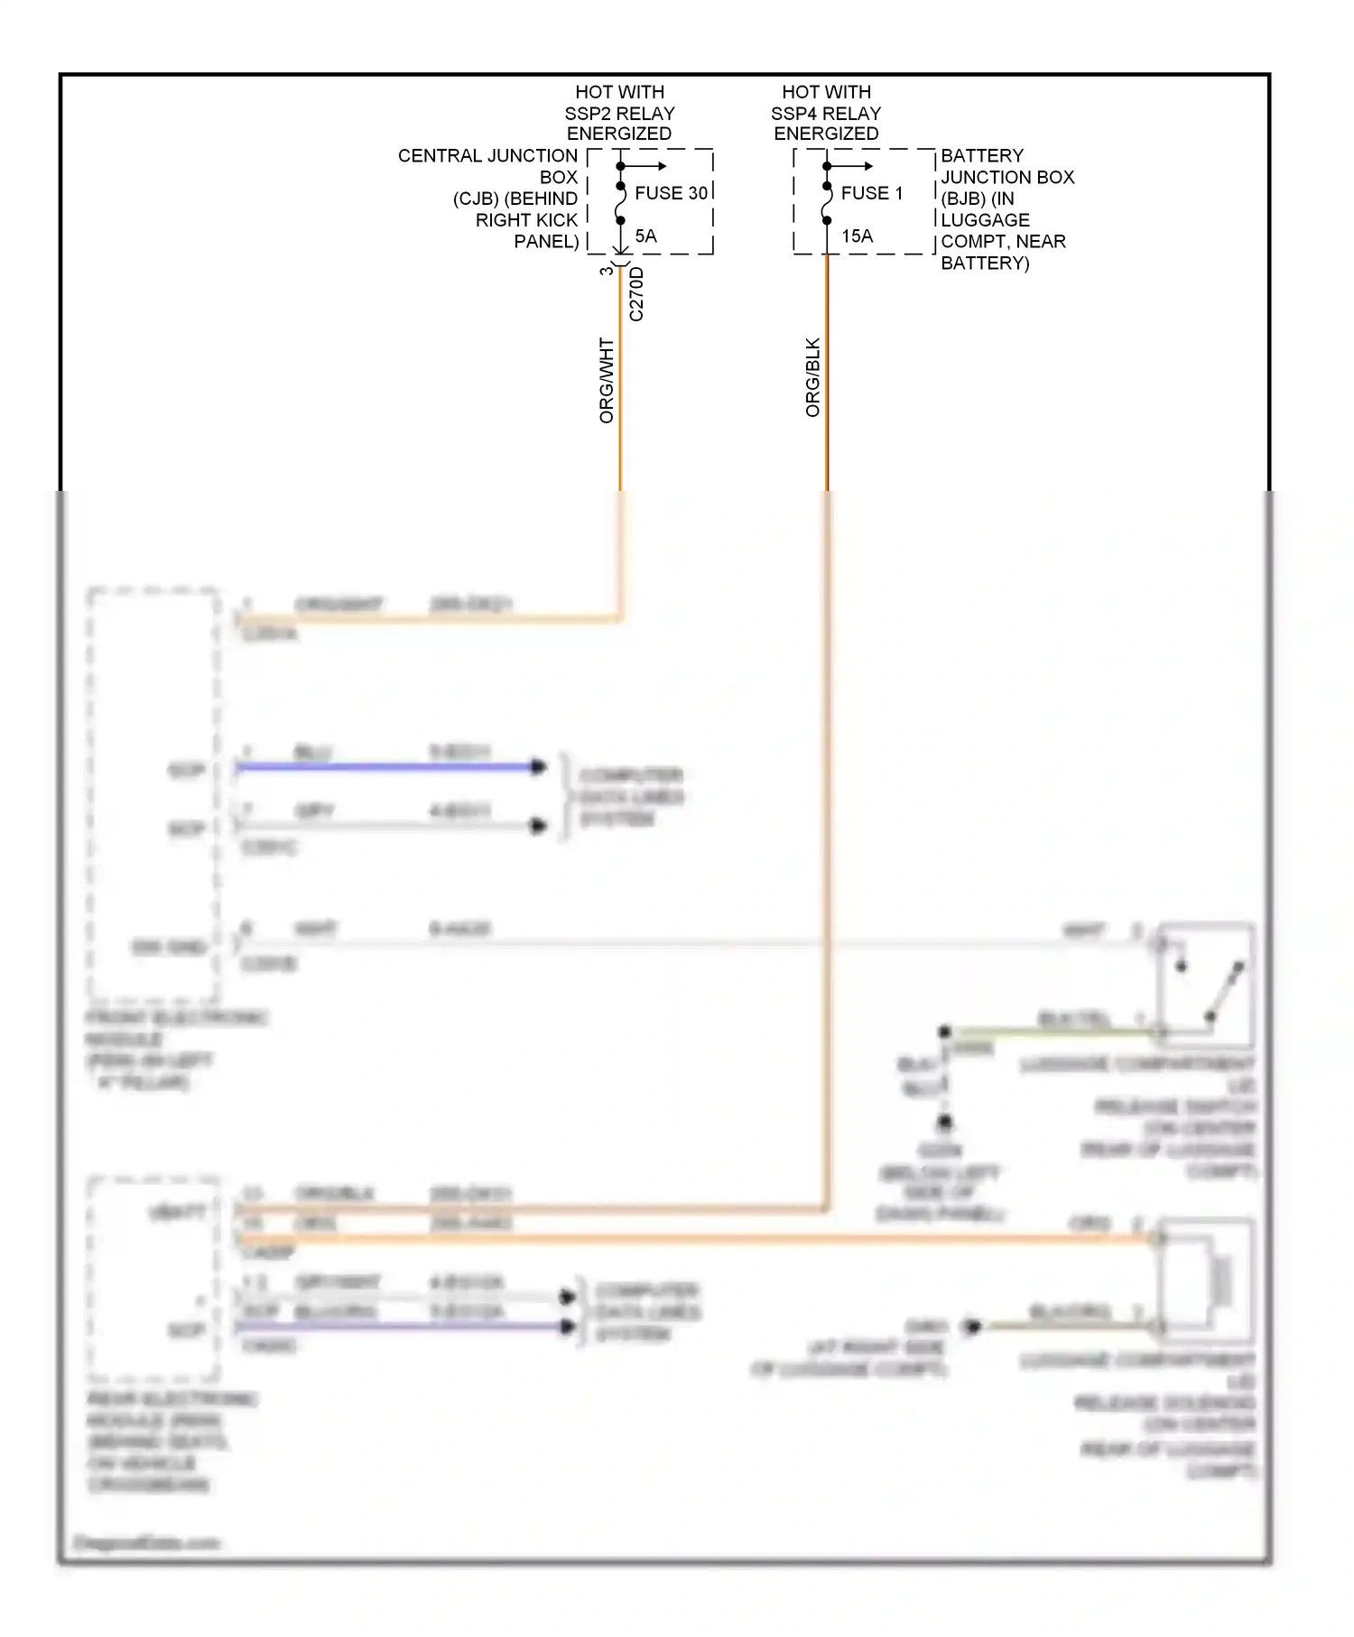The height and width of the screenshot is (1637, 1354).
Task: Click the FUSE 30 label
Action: click(671, 193)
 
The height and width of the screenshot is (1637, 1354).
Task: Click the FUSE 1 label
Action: click(871, 193)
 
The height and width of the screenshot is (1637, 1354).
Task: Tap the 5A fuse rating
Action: click(645, 236)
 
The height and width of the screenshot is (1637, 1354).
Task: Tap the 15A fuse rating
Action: click(857, 236)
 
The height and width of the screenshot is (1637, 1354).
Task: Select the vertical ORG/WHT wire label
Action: click(607, 381)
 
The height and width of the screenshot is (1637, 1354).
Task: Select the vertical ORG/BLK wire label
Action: click(812, 377)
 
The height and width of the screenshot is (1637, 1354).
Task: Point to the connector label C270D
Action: click(636, 294)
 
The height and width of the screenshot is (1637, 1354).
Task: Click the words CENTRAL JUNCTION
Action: click(487, 156)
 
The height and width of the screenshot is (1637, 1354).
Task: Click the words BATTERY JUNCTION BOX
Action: click(1007, 167)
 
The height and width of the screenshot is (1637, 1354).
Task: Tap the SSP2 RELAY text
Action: click(619, 114)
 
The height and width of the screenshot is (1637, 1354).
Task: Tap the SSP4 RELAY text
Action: click(825, 114)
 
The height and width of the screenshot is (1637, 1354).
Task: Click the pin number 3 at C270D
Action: click(607, 270)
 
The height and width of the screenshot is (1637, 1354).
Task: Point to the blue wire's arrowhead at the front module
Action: click(539, 767)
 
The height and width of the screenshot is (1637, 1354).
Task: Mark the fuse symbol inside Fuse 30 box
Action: click(620, 204)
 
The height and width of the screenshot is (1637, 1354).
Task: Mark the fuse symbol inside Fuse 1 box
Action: click(826, 204)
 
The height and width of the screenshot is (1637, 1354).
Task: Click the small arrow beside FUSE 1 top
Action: click(859, 166)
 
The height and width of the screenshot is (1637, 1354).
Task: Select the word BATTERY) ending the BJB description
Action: click(985, 264)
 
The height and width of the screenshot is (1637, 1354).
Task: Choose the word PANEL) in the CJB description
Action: click(546, 242)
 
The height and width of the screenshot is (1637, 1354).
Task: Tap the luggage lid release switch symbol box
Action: click(1206, 980)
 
